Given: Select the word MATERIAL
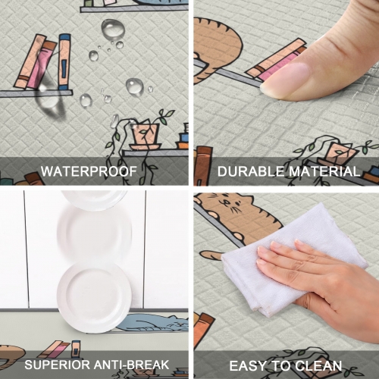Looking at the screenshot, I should (x=320, y=171).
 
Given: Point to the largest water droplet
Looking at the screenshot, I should (x=113, y=30).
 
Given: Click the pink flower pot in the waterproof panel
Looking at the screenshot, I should (x=143, y=135).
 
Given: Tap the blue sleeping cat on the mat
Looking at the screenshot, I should (x=152, y=322).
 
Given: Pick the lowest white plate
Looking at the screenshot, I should (x=94, y=296).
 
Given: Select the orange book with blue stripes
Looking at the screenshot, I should (x=64, y=61).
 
